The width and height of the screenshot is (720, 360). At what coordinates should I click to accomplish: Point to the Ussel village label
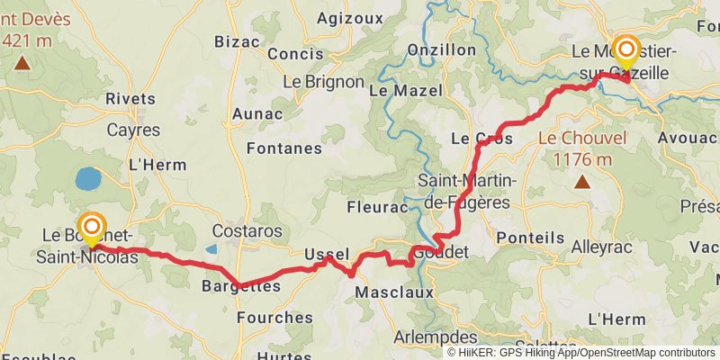(x=326, y=255)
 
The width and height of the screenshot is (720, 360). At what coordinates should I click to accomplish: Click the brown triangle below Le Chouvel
(x=582, y=183)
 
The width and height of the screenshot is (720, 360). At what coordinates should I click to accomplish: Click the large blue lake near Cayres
(x=89, y=179)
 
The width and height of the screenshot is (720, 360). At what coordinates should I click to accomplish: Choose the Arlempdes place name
(x=436, y=337)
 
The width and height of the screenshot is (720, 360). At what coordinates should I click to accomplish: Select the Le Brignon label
(x=323, y=81)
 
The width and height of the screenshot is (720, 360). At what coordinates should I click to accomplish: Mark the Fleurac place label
(x=377, y=208)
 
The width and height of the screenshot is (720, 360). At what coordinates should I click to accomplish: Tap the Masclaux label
(x=394, y=292)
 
